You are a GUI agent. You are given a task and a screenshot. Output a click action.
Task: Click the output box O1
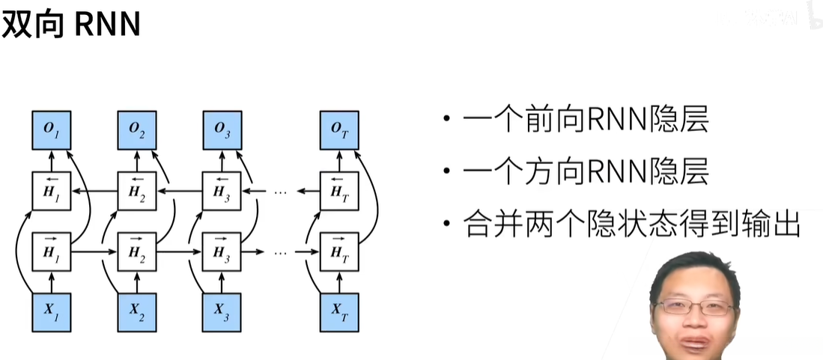tap(51, 129)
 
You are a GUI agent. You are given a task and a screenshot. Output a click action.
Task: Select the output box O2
tap(137, 129)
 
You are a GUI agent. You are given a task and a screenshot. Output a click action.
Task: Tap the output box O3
tap(222, 129)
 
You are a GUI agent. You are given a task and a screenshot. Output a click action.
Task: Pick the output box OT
tap(339, 129)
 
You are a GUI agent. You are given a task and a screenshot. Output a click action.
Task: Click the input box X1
tap(51, 311)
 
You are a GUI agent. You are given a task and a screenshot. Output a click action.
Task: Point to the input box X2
tap(137, 311)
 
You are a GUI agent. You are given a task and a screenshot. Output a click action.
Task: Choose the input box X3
tap(222, 311)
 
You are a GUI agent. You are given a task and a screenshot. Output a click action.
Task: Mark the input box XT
tap(339, 311)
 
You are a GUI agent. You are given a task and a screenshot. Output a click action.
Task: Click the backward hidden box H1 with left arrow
tap(51, 191)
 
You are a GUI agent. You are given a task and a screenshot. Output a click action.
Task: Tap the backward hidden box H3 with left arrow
tap(222, 191)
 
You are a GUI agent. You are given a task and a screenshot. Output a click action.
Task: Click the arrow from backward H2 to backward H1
tap(94, 192)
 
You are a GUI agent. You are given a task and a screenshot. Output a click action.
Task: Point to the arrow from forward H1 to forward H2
tap(94, 251)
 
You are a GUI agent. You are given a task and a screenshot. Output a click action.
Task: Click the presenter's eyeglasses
tap(694, 308)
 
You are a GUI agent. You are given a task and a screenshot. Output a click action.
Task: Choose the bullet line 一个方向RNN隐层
tap(585, 173)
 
